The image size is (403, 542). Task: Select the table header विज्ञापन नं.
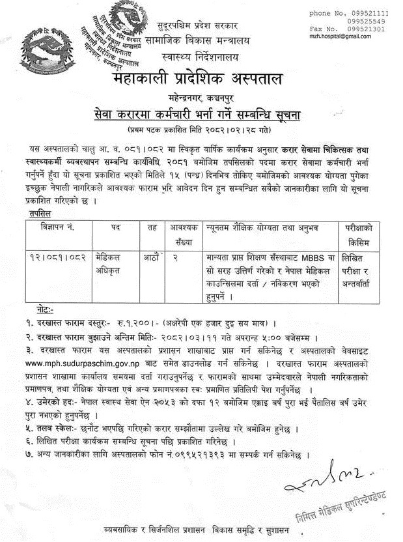point(57,227)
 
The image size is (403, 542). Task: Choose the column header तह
point(151,227)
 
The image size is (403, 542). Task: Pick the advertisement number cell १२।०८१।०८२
point(56,256)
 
